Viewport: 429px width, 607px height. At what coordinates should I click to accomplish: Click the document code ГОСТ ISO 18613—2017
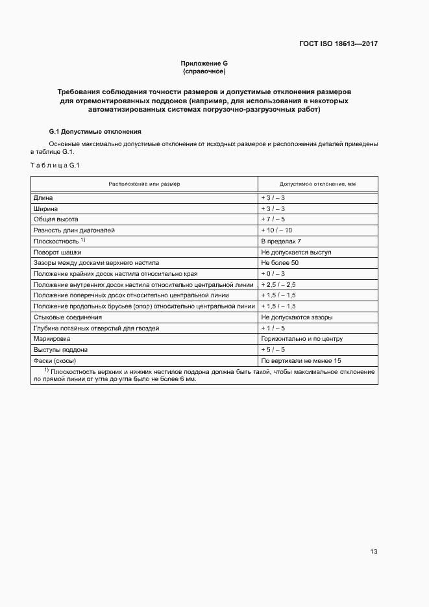(x=338, y=44)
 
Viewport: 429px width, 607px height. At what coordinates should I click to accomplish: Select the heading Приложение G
(x=204, y=63)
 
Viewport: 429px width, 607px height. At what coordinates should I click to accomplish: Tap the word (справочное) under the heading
(x=204, y=71)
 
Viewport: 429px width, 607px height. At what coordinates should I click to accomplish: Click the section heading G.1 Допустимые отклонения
(x=91, y=131)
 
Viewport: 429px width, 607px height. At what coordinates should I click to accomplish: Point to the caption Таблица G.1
(x=55, y=165)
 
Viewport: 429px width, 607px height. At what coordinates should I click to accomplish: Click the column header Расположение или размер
(x=144, y=184)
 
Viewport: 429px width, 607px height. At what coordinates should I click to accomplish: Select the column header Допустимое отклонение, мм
(x=317, y=184)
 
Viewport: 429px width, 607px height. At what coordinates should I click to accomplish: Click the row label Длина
(x=43, y=197)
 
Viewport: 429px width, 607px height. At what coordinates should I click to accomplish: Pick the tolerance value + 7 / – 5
(x=273, y=219)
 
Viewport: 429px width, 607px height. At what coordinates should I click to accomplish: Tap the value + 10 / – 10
(x=276, y=230)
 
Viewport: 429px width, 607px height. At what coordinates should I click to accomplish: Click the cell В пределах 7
(x=281, y=242)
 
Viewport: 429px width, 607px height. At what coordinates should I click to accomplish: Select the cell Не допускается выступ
(x=296, y=252)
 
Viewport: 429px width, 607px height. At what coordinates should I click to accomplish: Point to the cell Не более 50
(x=279, y=263)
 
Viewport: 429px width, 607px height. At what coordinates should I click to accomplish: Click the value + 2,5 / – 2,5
(x=278, y=285)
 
